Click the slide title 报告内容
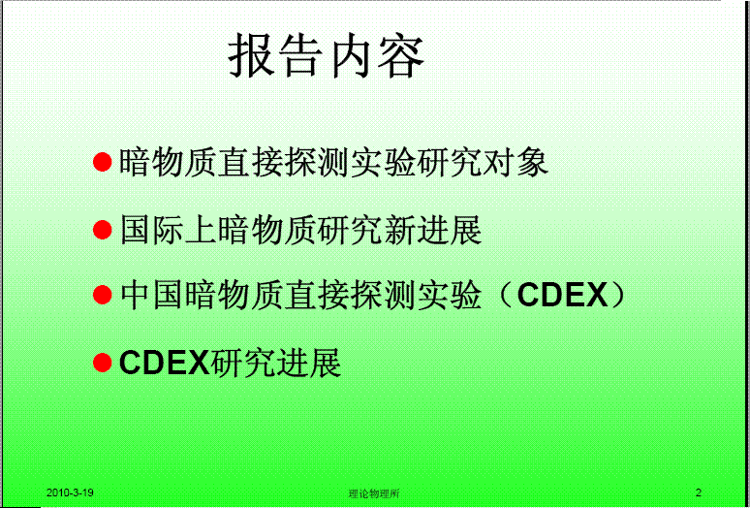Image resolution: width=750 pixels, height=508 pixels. pos(327,58)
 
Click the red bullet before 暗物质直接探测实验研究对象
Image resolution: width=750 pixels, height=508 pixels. pos(103,163)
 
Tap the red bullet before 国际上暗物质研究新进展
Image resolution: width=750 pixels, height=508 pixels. pos(103,230)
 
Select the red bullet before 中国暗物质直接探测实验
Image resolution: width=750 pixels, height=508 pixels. pos(103,297)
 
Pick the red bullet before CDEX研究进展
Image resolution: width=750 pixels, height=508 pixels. pos(103,364)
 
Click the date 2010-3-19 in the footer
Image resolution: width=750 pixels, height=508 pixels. pos(70,493)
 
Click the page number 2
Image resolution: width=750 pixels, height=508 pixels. pos(699,493)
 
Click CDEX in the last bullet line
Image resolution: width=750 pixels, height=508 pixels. pos(165,364)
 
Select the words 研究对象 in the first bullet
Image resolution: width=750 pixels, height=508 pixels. pos(484,163)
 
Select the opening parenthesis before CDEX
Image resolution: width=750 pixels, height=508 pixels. pos(505,297)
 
